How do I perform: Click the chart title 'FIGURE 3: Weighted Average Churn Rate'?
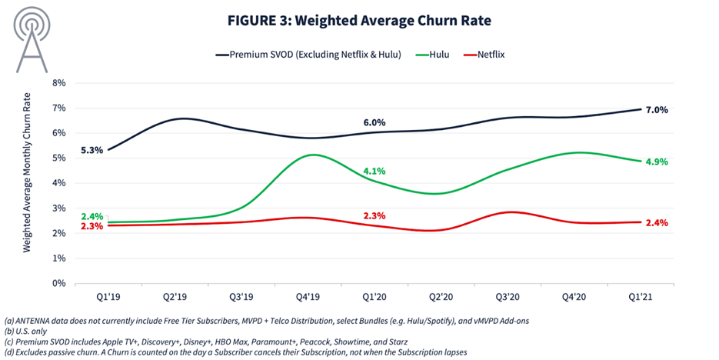point(359,21)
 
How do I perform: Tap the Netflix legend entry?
point(484,55)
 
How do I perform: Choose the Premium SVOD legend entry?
point(308,55)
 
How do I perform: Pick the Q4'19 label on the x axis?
point(308,297)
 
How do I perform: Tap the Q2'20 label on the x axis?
point(441,297)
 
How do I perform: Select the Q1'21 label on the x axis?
point(640,297)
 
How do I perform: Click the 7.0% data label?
point(657,110)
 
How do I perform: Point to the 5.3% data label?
point(92,150)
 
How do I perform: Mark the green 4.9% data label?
point(657,162)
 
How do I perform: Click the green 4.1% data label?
point(374,171)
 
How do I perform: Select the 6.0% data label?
point(374,122)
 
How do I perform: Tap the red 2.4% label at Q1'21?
point(657,223)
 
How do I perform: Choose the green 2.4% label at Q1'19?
point(92,216)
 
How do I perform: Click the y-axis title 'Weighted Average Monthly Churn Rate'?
point(27,172)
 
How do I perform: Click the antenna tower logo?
point(32,39)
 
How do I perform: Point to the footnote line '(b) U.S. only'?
point(25,331)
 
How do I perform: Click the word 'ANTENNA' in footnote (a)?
point(32,321)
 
